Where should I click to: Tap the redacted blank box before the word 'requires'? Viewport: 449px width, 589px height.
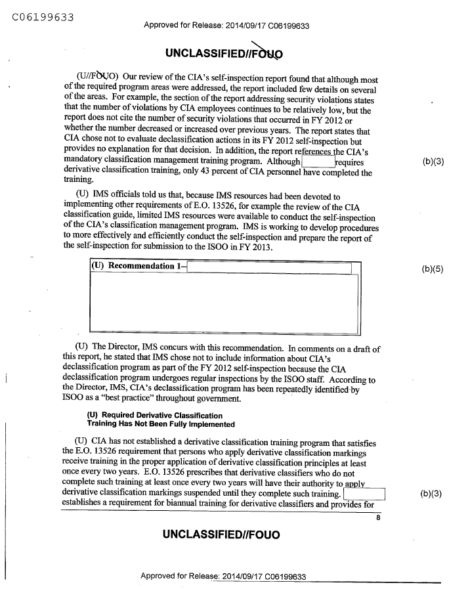[x=318, y=162]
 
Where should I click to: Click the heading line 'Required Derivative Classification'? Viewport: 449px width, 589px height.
[x=155, y=416]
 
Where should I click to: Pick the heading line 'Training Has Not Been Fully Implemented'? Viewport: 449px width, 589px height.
[x=161, y=424]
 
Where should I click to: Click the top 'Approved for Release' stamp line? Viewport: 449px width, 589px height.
[x=226, y=26]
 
